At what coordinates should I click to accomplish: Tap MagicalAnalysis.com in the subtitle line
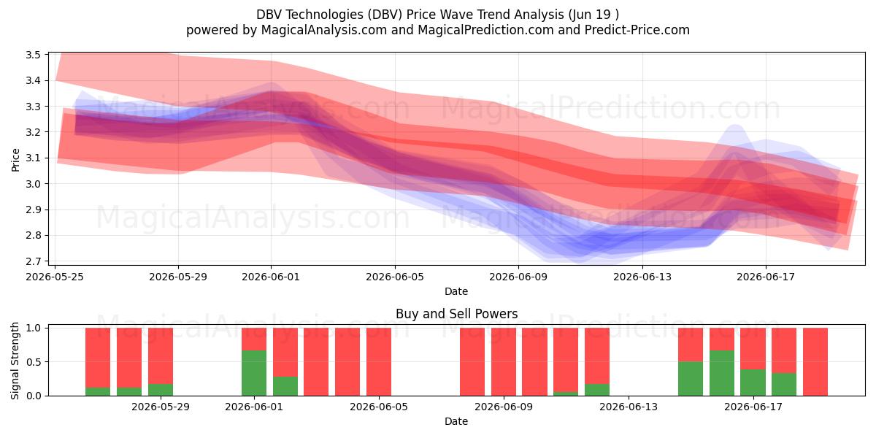coord(324,30)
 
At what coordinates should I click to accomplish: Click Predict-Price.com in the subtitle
coord(637,30)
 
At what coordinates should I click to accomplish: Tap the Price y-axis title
coord(15,160)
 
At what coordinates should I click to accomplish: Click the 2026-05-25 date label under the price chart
coord(55,277)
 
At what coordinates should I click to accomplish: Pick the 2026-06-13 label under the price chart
coord(642,277)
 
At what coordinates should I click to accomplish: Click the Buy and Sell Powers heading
coord(456,314)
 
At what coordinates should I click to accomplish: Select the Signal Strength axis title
coord(15,361)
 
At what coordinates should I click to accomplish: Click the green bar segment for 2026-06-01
coord(254,373)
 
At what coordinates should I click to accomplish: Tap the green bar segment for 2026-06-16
coord(722,373)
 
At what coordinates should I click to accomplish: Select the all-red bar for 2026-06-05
coord(379,362)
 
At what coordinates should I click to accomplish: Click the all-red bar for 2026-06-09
coord(504,362)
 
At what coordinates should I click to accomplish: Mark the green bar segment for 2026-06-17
coord(753,383)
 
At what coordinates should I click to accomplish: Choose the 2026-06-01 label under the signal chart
coord(254,407)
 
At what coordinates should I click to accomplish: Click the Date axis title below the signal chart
coord(456,421)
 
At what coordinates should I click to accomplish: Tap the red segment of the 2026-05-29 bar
coord(161,356)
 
